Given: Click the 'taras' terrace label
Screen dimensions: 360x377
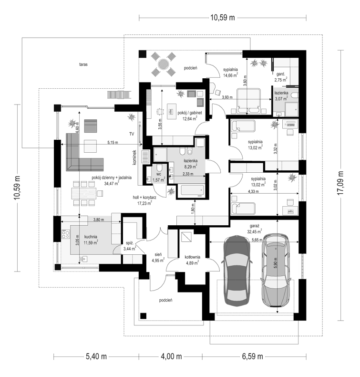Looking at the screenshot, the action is coord(83,64).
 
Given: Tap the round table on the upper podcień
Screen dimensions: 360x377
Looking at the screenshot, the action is coord(164,64).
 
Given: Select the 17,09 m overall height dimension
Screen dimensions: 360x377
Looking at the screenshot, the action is coord(340,183).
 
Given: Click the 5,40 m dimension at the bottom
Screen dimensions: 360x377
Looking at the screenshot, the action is coord(96,356).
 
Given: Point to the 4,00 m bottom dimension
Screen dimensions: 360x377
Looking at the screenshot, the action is coord(171,356).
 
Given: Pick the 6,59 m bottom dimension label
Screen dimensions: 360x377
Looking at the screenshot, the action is coord(252,356).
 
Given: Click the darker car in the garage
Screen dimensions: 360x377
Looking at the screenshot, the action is coord(237,271).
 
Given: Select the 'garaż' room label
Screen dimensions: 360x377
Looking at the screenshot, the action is coord(254,226).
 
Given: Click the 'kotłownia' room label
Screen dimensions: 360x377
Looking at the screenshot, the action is coord(192,257).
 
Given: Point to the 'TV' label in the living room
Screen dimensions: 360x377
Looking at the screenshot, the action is coord(132,134).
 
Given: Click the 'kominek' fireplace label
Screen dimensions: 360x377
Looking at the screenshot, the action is coord(134,157).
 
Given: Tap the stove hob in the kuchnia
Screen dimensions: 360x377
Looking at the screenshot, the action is coord(66,234).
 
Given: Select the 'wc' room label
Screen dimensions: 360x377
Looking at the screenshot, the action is coord(159,174).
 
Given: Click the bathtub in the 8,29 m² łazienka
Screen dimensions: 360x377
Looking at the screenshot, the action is coord(192,190).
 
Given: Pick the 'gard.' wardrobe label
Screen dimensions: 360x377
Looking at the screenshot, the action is coord(280,74).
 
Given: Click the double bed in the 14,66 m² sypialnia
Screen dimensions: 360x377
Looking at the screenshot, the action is coord(248,101).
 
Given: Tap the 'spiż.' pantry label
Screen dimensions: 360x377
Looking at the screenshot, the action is coord(130,243).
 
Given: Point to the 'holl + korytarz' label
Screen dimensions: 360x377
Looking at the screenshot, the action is coord(144,198).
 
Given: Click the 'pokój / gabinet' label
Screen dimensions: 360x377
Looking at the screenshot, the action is coord(190,113).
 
